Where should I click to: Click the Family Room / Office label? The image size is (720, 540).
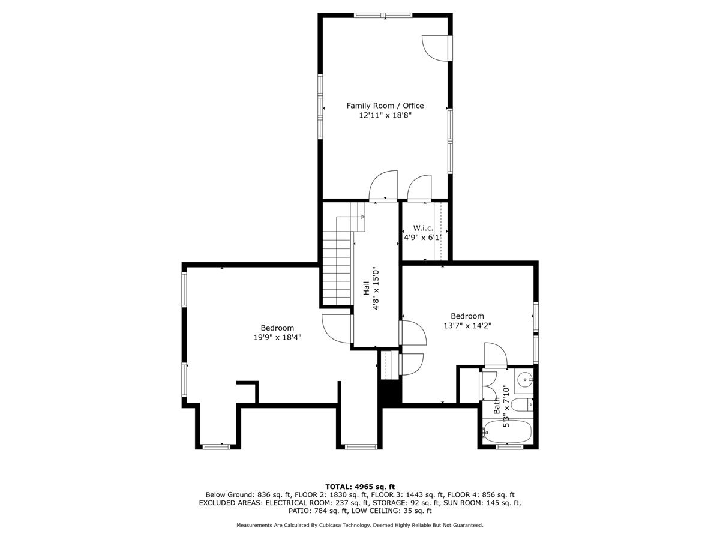coord(385,106)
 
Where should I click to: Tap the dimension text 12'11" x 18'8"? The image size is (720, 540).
coord(385,116)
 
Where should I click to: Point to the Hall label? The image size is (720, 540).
coord(366,288)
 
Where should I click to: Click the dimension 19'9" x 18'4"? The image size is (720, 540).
coord(277,337)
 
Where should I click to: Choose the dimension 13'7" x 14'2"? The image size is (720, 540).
coord(467,326)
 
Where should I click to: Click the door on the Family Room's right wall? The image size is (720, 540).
coord(436,48)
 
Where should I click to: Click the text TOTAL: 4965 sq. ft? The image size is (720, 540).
coord(360,486)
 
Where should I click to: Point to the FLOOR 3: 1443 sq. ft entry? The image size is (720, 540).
coord(408,494)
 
